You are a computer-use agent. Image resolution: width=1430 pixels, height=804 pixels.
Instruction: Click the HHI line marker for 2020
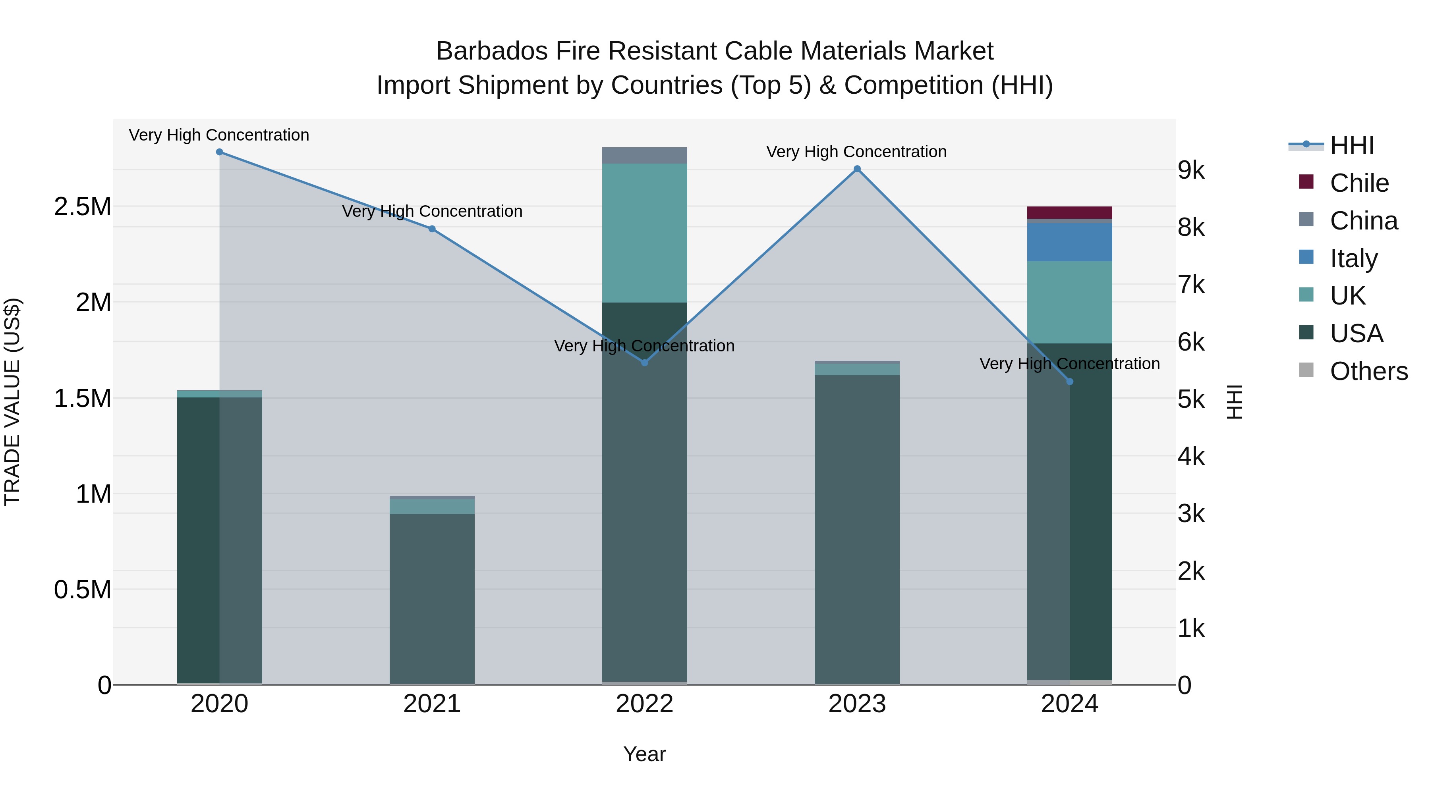(x=219, y=152)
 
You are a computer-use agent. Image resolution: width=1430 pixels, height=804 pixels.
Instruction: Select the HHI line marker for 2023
(x=857, y=169)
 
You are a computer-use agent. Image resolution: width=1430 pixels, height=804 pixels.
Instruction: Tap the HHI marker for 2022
(x=645, y=362)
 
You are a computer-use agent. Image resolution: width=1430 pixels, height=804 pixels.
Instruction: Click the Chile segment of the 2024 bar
(x=1069, y=212)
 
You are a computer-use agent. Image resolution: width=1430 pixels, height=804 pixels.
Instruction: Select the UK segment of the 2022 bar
(x=645, y=233)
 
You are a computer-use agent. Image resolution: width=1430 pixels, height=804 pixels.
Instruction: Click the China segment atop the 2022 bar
(x=645, y=155)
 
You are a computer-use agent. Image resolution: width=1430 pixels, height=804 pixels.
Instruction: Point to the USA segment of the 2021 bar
(x=432, y=599)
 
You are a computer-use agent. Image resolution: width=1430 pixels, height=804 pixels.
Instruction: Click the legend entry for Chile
(x=1359, y=183)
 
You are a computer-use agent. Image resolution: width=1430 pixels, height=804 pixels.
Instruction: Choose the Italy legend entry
(x=1353, y=258)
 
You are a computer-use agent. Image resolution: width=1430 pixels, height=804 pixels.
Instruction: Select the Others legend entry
(x=1368, y=371)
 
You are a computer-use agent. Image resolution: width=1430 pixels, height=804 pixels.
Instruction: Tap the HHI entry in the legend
(x=1352, y=145)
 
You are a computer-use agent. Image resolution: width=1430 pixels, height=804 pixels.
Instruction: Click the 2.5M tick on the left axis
(x=83, y=207)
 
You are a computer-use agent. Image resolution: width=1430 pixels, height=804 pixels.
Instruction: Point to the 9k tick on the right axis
(x=1191, y=170)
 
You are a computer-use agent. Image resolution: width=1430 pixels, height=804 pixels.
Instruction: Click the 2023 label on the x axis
(x=857, y=704)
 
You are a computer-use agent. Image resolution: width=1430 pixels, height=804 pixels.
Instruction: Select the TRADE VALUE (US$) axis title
(x=12, y=402)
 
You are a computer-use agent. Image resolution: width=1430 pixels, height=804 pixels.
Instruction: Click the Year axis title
(x=645, y=754)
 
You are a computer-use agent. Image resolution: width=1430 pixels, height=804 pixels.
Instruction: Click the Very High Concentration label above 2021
(x=432, y=211)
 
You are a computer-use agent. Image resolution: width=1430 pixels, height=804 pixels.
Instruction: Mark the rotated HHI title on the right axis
(x=1235, y=402)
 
